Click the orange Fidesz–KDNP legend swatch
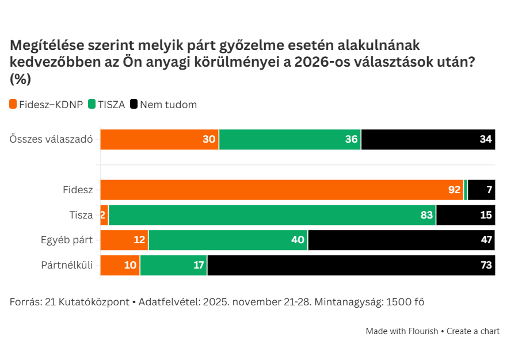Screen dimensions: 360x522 coord(13,105)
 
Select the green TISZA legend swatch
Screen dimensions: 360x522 coord(92,105)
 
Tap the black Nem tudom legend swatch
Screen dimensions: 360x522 coord(134,105)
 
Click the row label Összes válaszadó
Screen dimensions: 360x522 coord(51,140)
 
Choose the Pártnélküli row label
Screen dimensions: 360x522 coord(67,265)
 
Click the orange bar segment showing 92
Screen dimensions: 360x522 coord(282,190)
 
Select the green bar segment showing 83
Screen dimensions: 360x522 coord(272,215)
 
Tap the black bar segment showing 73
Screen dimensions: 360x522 coord(351,265)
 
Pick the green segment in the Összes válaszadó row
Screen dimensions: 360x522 coord(289,140)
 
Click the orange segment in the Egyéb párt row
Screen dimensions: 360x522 coord(124,240)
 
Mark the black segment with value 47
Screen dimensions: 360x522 coord(401,240)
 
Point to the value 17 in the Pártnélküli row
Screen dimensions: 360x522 coord(199,265)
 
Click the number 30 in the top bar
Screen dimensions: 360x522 coord(209,140)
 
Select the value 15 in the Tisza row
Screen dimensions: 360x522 coord(486,215)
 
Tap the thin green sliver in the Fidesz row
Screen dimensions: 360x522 coord(466,190)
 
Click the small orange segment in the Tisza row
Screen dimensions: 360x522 coord(104,215)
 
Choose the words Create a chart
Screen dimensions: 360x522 coord(473,331)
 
